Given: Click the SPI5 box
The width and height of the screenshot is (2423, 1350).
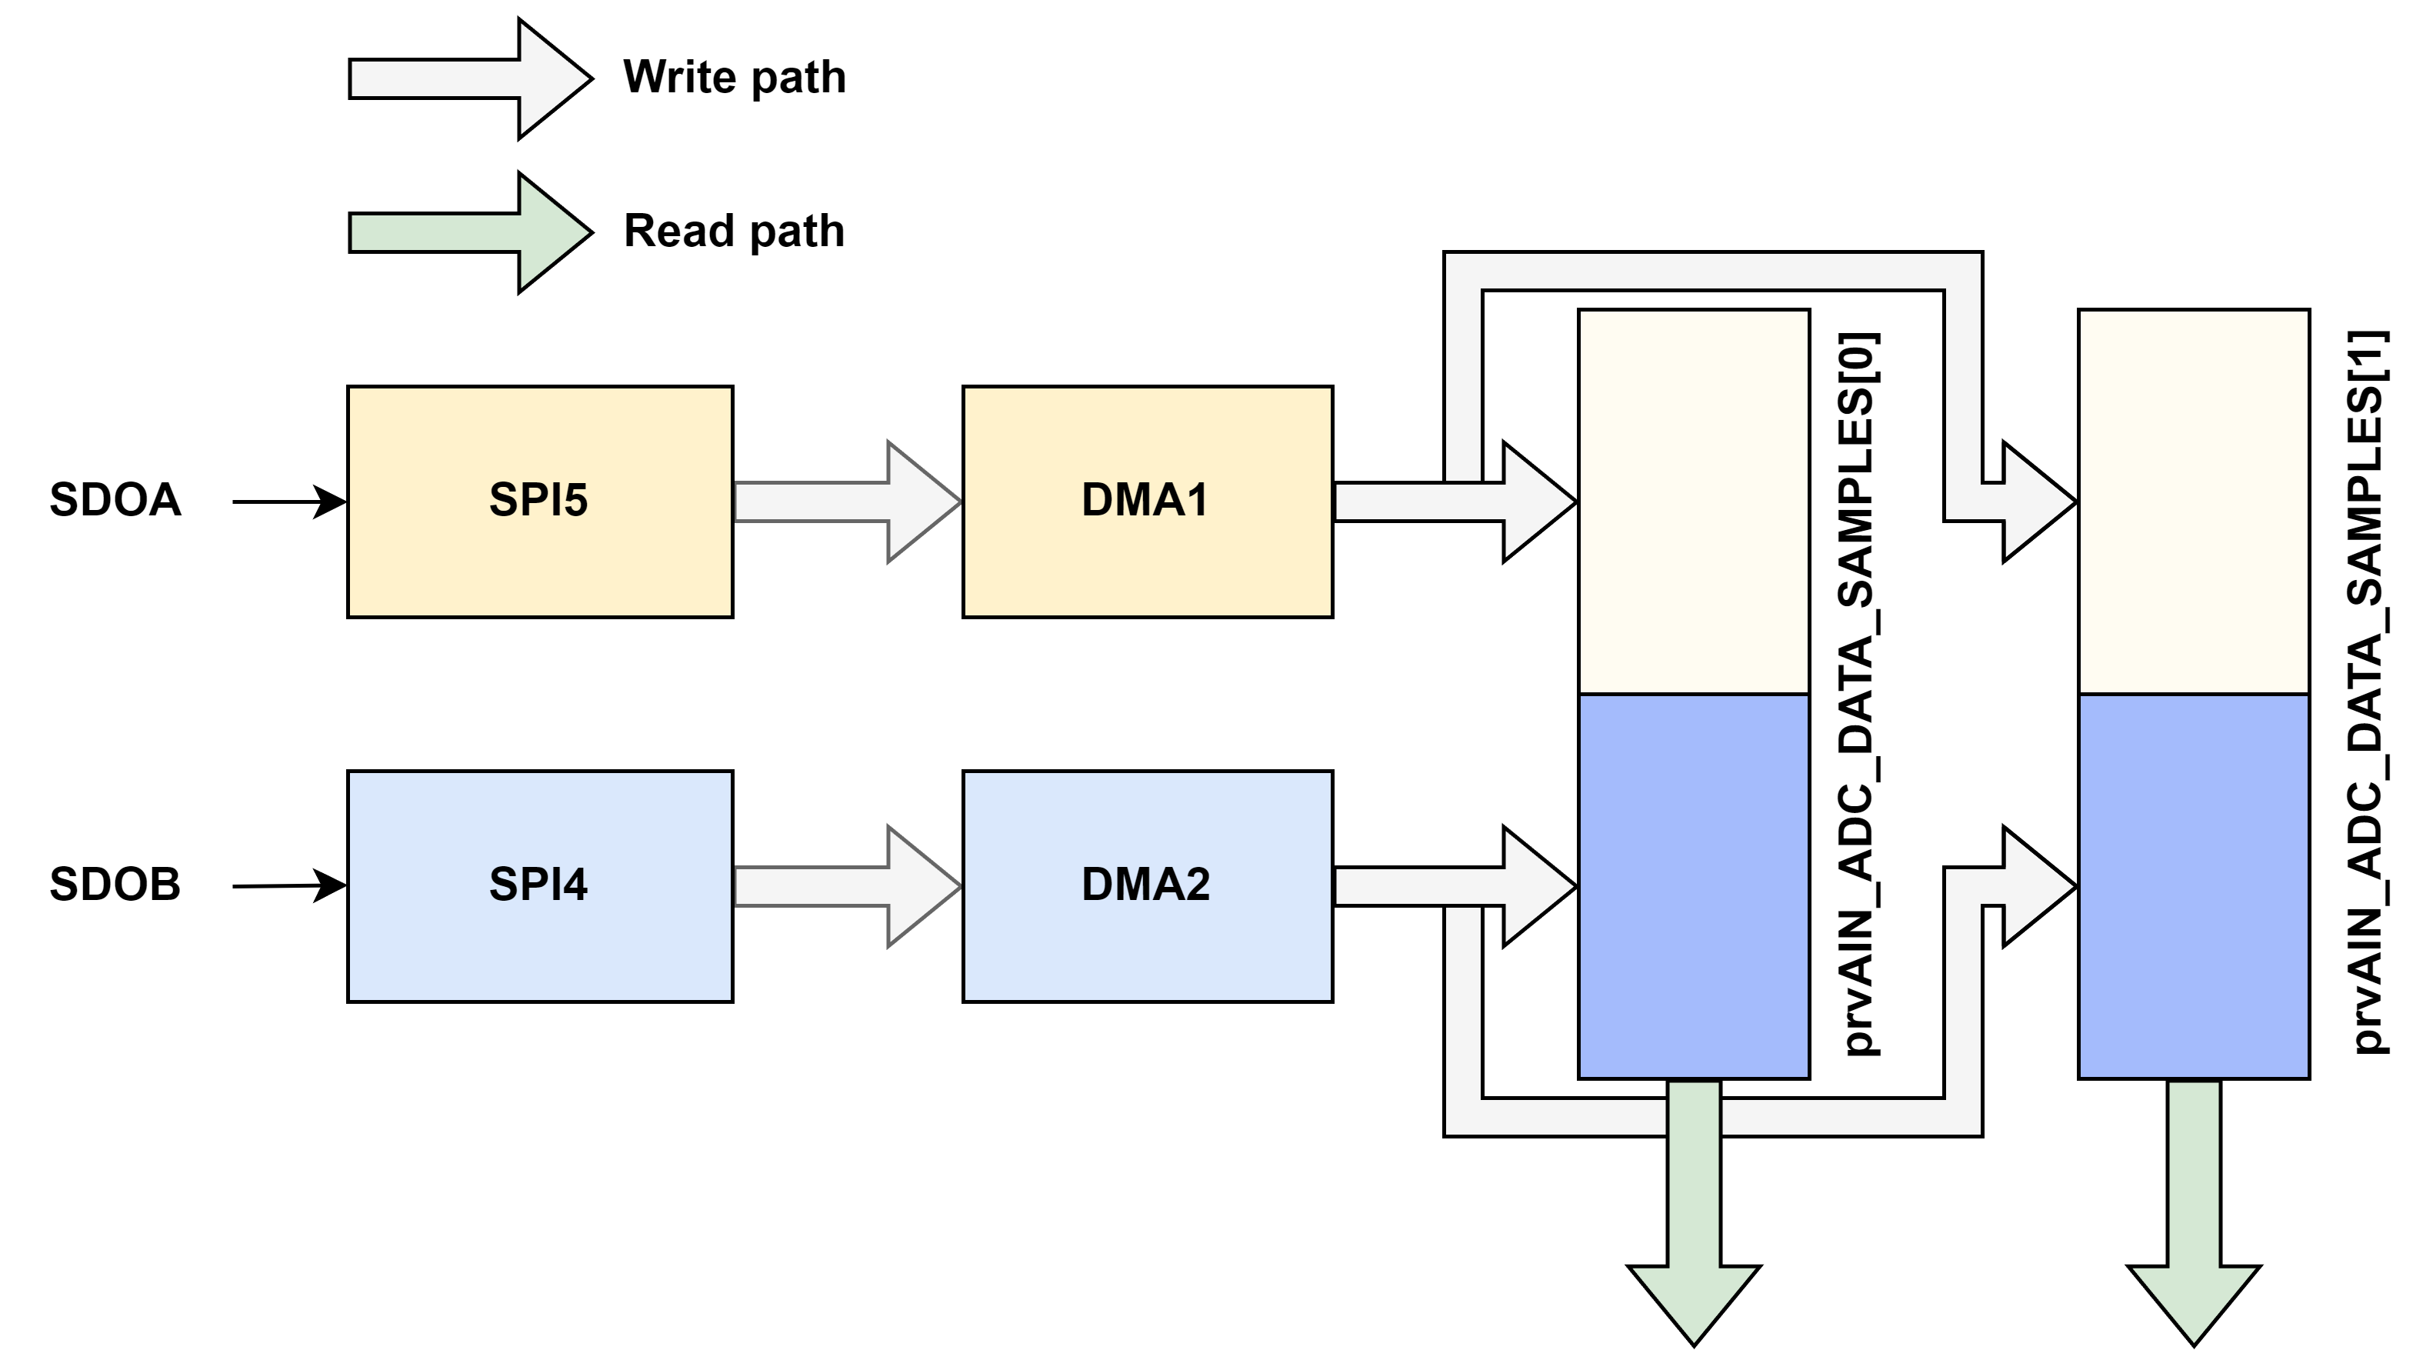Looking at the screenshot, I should [x=540, y=502].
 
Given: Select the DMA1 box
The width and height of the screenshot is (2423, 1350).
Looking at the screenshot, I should [x=1148, y=502].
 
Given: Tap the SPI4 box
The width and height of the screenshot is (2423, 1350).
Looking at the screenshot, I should [x=540, y=886].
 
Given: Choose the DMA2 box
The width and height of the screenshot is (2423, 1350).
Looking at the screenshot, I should [x=1148, y=886].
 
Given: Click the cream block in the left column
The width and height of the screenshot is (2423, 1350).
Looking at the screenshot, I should [x=1693, y=502].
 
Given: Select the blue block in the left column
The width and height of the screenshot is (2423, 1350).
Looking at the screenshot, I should [x=1693, y=886].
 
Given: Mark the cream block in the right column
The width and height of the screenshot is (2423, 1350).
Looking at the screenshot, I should [x=2194, y=502].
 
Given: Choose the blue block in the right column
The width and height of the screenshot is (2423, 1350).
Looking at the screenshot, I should [x=2194, y=886].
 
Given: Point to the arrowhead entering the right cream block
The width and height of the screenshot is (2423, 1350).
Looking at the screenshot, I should [x=2035, y=502].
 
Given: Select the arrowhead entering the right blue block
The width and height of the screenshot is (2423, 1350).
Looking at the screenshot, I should [x=2035, y=886].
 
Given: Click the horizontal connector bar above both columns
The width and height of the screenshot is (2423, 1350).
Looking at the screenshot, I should [x=1712, y=271].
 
